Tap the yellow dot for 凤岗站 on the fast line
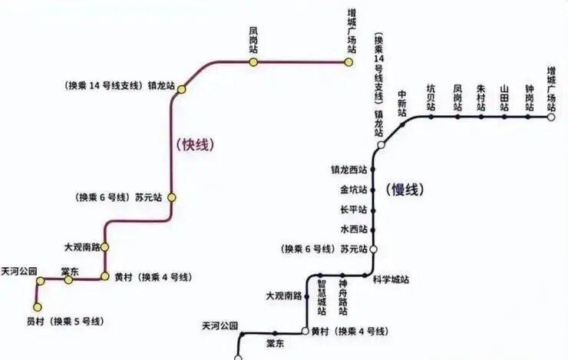[253, 61]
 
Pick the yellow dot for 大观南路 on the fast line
[105, 247]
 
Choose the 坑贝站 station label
[431, 98]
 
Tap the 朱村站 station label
[481, 98]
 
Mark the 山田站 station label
[504, 98]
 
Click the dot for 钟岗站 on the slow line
[529, 117]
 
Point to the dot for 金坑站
[374, 189]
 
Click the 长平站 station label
[353, 210]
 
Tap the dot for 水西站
[374, 230]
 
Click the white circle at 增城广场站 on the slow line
[551, 117]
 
